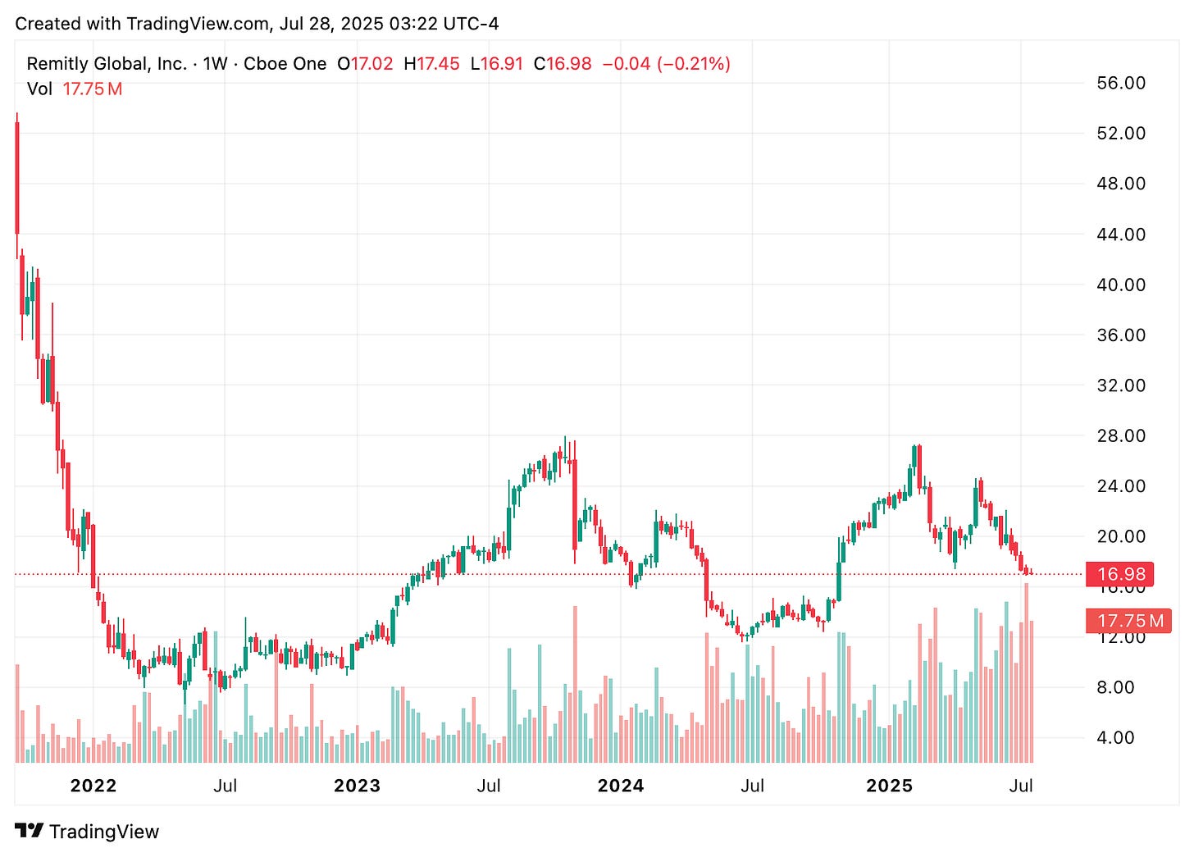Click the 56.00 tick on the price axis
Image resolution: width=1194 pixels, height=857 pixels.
pyautogui.click(x=1120, y=83)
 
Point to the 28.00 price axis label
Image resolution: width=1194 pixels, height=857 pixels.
pyautogui.click(x=1120, y=435)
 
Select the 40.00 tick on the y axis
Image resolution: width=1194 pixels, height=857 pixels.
pyautogui.click(x=1120, y=285)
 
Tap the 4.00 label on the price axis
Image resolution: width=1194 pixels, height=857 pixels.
pyautogui.click(x=1115, y=737)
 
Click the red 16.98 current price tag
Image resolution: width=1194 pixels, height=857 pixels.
pyautogui.click(x=1120, y=574)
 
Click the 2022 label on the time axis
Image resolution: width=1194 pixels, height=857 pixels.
pyautogui.click(x=93, y=786)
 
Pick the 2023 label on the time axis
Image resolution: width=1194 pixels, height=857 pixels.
pyautogui.click(x=357, y=786)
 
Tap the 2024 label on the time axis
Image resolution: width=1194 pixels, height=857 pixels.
pyautogui.click(x=621, y=786)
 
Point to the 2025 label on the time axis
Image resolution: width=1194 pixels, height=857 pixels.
pyautogui.click(x=890, y=786)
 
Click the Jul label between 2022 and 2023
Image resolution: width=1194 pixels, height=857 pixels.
pyautogui.click(x=225, y=786)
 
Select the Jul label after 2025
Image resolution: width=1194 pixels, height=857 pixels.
pyautogui.click(x=1020, y=786)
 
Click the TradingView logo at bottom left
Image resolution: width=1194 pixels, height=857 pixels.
pyautogui.click(x=87, y=832)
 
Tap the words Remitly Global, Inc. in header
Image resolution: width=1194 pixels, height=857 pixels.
pyautogui.click(x=107, y=64)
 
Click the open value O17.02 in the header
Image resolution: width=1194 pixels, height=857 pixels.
pyautogui.click(x=366, y=64)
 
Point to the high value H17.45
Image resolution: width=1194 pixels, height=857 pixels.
pyautogui.click(x=432, y=64)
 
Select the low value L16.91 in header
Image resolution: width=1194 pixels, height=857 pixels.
pyautogui.click(x=497, y=64)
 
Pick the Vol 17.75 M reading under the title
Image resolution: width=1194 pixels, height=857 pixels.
pyautogui.click(x=75, y=89)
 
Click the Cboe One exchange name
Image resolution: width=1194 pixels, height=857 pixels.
pyautogui.click(x=285, y=64)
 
